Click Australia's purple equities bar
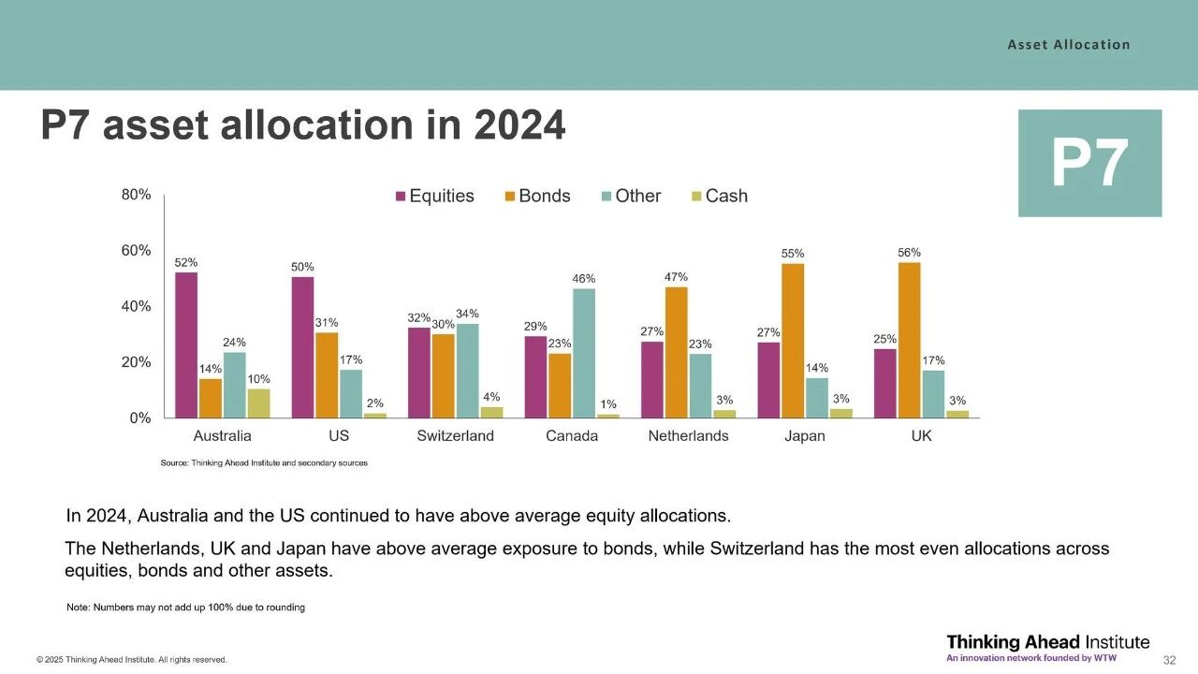tap(186, 344)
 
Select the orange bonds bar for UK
tap(909, 340)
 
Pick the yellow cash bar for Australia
tap(258, 403)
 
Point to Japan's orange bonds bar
tap(793, 341)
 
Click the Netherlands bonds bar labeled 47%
tap(676, 352)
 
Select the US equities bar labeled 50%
tap(302, 347)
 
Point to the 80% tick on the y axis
tap(137, 195)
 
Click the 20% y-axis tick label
tap(137, 362)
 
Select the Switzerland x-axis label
tap(455, 436)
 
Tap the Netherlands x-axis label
tap(688, 436)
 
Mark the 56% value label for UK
tap(909, 253)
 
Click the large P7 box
tap(1089, 164)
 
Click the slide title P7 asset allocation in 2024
tap(302, 125)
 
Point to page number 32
tap(1169, 660)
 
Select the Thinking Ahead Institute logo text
tap(1047, 642)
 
